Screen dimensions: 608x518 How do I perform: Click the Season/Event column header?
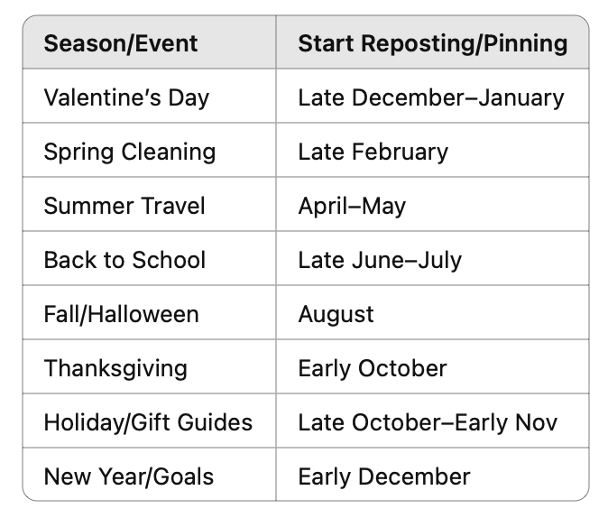click(121, 43)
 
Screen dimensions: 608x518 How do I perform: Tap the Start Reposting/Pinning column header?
click(433, 43)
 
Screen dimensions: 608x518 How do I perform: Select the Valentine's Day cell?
click(126, 97)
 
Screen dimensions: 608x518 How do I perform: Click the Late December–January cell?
click(431, 97)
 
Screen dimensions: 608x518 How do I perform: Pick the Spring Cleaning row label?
click(130, 152)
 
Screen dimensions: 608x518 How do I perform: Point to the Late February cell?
click(373, 152)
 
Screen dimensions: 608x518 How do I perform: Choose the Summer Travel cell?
click(124, 206)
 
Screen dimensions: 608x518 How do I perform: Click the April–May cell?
click(352, 206)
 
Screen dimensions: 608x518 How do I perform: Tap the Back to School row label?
click(124, 260)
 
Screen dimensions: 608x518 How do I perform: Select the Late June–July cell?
click(380, 261)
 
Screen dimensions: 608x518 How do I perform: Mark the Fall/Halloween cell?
click(122, 314)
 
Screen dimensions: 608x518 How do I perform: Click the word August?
click(336, 315)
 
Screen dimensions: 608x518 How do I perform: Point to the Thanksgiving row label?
click(115, 368)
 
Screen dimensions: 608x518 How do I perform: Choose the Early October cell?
click(373, 368)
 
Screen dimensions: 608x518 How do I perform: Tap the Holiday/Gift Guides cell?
click(148, 422)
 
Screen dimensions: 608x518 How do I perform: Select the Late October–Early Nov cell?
click(428, 422)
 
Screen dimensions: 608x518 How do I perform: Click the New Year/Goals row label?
click(129, 476)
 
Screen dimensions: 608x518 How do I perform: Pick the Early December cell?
click(384, 476)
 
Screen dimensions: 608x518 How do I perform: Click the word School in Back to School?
click(169, 260)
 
